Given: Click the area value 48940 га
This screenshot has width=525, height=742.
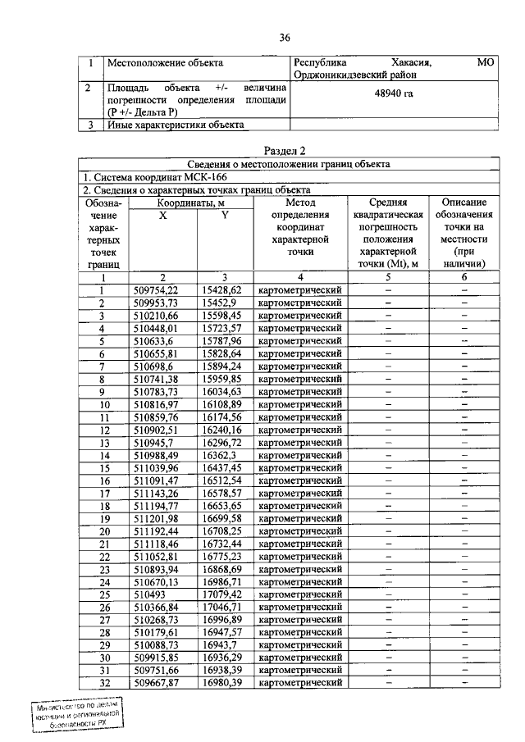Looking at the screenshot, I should click(x=394, y=95).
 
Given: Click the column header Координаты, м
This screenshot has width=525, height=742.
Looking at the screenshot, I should click(x=192, y=202).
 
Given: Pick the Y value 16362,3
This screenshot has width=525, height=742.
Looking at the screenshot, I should click(x=217, y=455).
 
